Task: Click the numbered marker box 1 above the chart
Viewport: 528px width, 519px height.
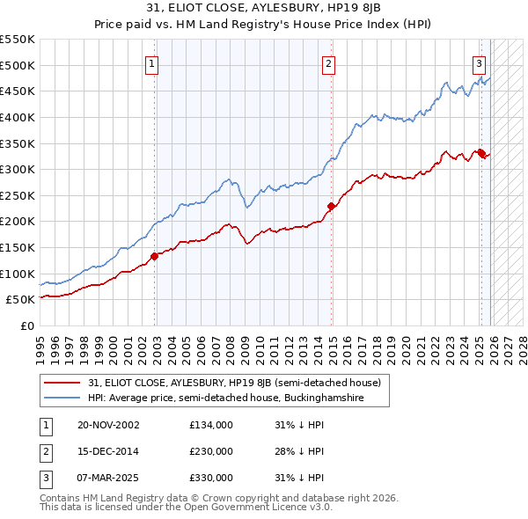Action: [152, 63]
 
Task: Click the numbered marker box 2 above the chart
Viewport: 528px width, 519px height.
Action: [328, 63]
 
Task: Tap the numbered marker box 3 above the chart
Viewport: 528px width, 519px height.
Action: [480, 63]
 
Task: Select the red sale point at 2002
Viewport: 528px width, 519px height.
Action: [154, 256]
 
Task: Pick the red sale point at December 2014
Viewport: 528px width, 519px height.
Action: [331, 207]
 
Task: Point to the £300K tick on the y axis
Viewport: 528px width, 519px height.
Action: [18, 169]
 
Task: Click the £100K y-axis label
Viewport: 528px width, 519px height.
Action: [18, 274]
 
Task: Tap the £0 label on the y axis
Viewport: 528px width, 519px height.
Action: [26, 325]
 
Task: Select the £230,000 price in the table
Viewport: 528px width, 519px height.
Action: [210, 451]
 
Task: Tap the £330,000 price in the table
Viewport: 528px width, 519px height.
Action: [210, 478]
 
